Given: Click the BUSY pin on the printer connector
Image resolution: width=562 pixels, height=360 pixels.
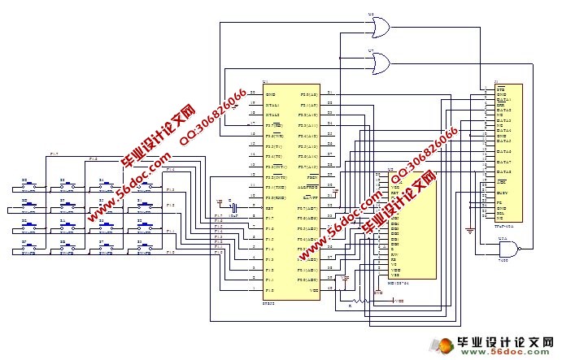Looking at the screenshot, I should (x=504, y=193).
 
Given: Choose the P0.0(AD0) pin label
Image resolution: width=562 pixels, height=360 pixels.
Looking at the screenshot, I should (x=307, y=280).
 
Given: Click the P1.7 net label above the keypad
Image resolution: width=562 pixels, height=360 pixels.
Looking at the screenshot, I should (x=54, y=153).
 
